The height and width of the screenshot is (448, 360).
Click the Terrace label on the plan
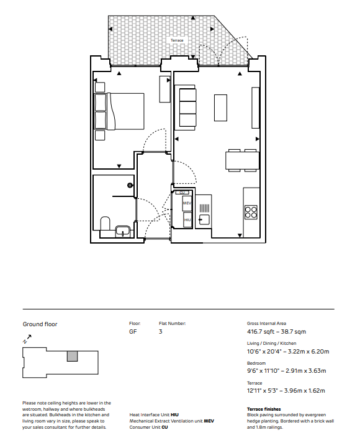177,40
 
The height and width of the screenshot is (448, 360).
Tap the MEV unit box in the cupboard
187,203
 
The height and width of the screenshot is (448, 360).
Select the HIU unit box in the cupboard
187,220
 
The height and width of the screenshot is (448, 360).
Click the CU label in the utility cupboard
182,193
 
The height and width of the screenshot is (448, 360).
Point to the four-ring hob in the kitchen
251,212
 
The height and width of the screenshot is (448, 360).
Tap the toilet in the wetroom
105,224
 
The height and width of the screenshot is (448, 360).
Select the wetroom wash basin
123,232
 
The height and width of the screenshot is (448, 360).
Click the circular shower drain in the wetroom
130,185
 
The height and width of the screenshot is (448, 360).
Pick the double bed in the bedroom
119,111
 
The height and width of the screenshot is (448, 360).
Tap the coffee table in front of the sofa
221,108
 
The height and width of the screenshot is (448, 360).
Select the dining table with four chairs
243,160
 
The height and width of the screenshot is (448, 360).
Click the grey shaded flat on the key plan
72,356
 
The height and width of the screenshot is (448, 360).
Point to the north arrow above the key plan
27,339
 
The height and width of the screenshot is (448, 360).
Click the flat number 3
160,332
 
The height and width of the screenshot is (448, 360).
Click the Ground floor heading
40,324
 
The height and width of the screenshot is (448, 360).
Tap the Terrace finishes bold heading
264,409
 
